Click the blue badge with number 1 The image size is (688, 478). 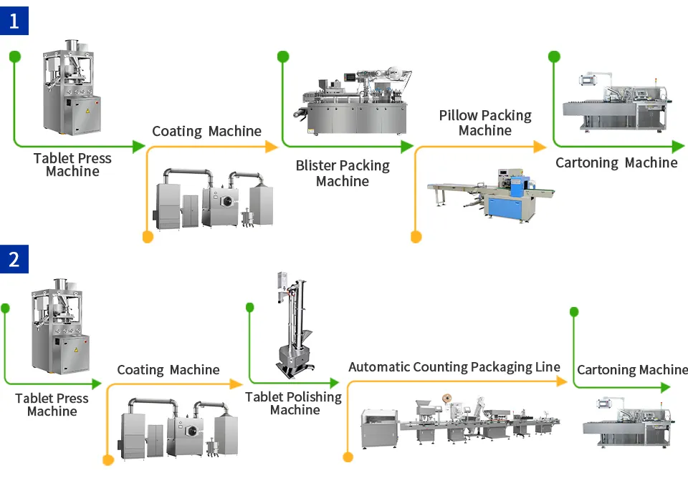[x=14, y=20]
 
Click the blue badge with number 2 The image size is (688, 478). [x=14, y=258]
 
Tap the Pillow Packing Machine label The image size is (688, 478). [x=485, y=123]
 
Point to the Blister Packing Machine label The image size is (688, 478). [x=343, y=174]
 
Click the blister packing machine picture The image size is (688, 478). [x=352, y=103]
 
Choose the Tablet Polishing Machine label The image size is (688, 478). [x=294, y=404]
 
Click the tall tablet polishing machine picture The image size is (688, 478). [x=293, y=326]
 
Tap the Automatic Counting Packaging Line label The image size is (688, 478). [x=454, y=367]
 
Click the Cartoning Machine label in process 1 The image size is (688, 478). [x=616, y=163]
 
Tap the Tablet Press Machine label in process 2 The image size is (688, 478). [x=52, y=405]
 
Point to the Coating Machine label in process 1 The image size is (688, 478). [x=206, y=131]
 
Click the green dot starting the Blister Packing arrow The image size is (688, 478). [x=283, y=57]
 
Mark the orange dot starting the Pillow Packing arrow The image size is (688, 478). [x=416, y=237]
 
